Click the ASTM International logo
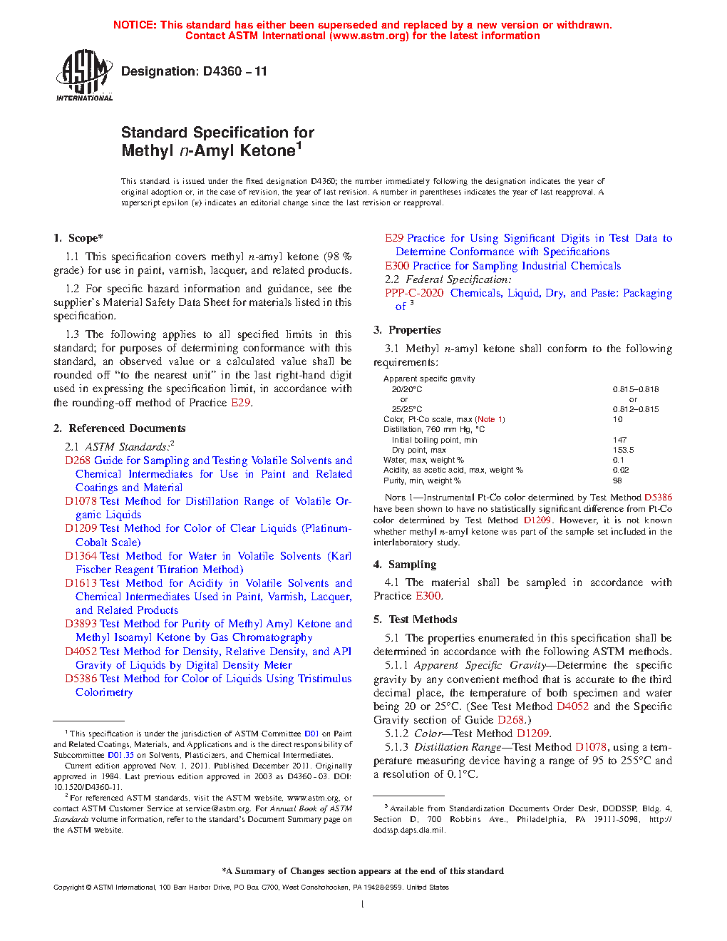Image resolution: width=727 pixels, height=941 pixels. [83, 76]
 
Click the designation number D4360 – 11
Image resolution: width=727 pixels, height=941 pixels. [194, 71]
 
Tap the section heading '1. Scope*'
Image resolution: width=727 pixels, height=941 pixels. [78, 238]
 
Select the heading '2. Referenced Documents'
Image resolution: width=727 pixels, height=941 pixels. [120, 428]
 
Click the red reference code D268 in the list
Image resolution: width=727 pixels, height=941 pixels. [78, 461]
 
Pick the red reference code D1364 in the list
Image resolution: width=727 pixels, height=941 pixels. [81, 556]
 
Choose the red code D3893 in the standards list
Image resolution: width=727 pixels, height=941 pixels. [81, 624]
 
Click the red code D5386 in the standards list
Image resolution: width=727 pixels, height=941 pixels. [81, 679]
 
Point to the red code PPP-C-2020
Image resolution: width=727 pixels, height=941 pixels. [414, 293]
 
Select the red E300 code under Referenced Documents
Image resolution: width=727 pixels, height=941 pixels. [397, 266]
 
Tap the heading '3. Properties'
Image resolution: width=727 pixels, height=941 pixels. [407, 330]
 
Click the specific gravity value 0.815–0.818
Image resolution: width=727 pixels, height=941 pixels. [636, 389]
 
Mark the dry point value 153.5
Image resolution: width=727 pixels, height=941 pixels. [623, 450]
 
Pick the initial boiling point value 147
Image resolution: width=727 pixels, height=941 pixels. [619, 440]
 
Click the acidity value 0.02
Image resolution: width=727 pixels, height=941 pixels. [621, 470]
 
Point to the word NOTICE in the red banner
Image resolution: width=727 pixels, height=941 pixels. [135, 25]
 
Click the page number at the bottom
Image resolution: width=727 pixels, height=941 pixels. [363, 904]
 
